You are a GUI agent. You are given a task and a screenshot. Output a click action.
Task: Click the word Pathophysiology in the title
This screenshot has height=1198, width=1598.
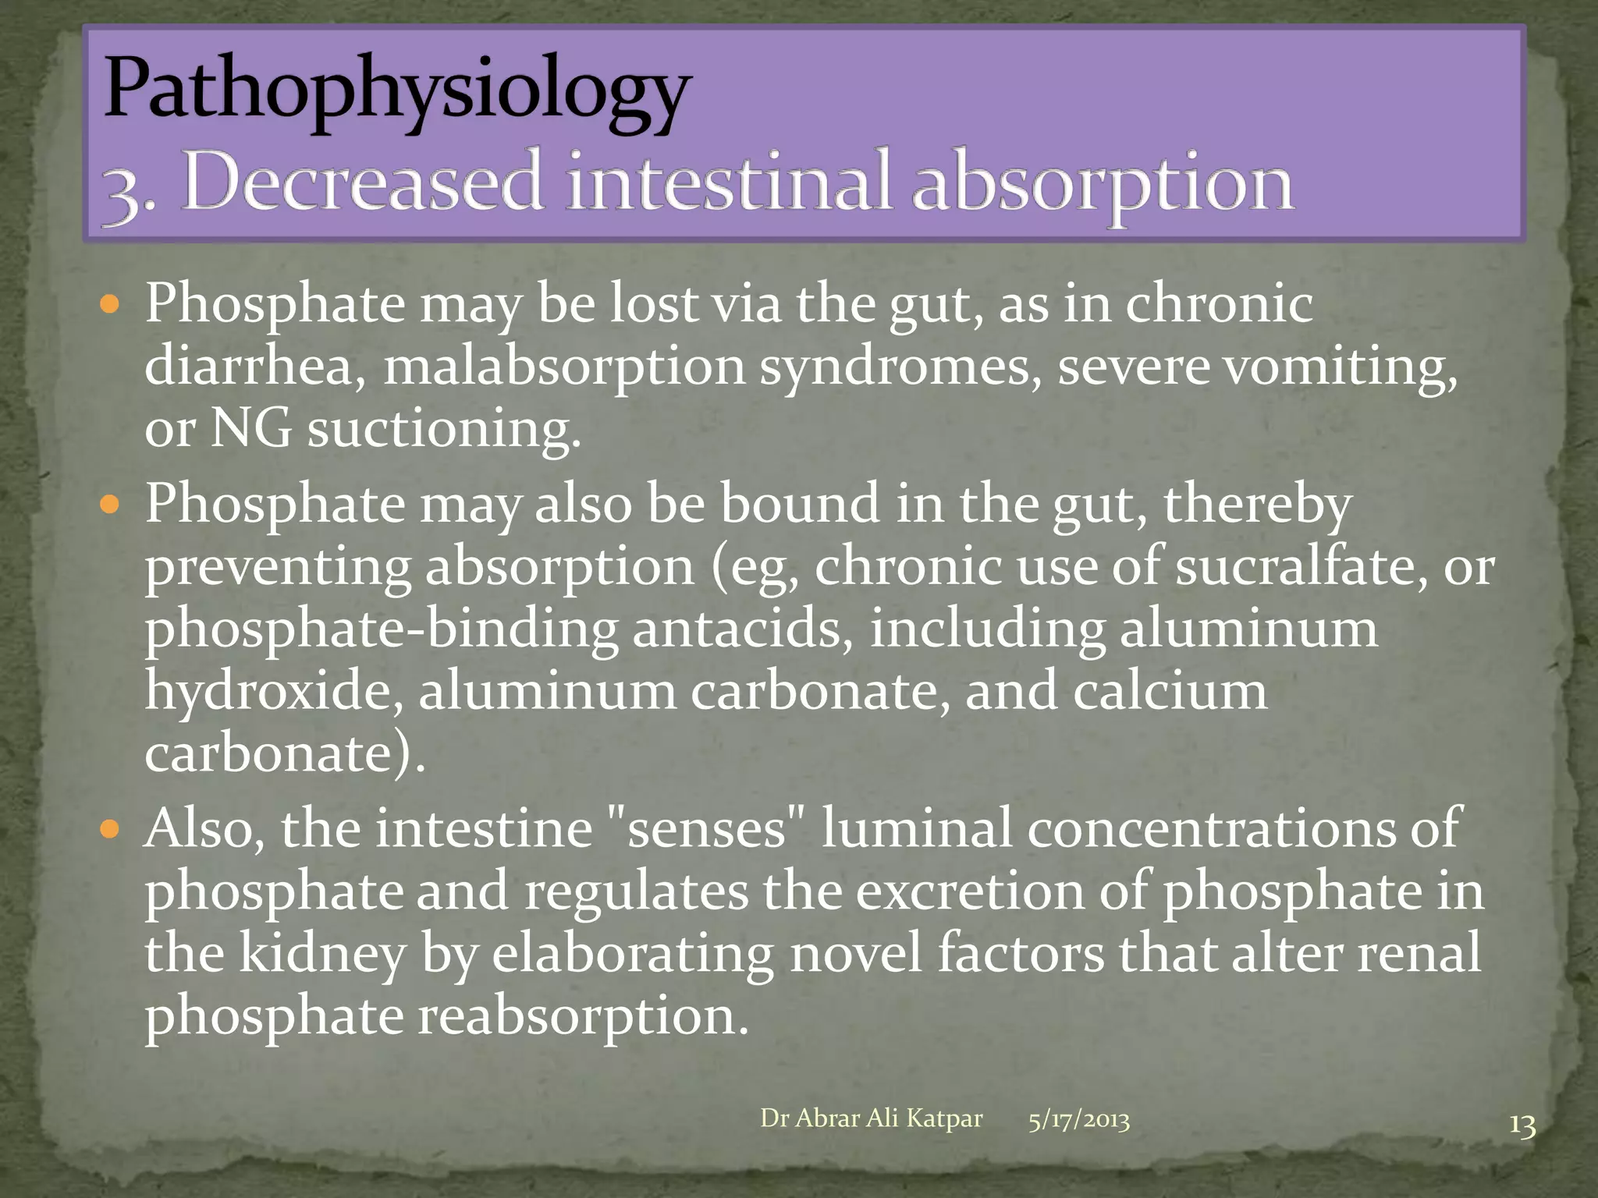(x=396, y=90)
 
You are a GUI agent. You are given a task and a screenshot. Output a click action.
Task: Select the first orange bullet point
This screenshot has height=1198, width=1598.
(x=110, y=303)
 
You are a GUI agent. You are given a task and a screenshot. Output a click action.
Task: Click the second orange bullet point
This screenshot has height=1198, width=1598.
(x=110, y=505)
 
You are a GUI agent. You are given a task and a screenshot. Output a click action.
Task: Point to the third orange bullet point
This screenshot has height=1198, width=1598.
(x=110, y=829)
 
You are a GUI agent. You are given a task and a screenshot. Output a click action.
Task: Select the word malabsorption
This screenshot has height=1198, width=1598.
(x=564, y=367)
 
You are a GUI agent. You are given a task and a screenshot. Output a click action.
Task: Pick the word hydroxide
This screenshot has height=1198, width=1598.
(x=273, y=691)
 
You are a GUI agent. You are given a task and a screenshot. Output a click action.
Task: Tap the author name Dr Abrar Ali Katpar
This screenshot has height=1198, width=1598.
(x=871, y=1118)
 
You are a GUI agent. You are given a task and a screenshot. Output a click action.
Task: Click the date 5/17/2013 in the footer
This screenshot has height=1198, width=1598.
(x=1078, y=1120)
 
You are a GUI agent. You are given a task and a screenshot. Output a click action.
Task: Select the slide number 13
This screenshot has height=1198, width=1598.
(x=1522, y=1125)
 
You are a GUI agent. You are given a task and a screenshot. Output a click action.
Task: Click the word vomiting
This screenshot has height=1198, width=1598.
(x=1339, y=367)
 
